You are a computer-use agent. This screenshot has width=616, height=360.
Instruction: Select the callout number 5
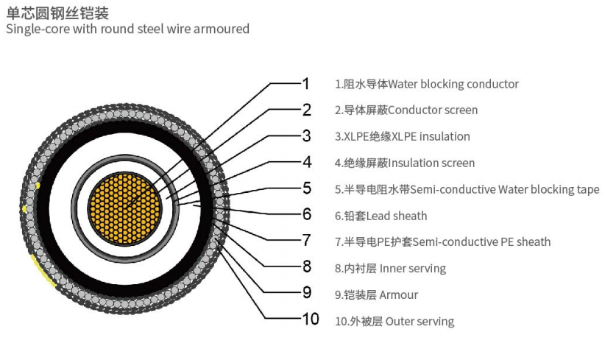pyautogui.click(x=307, y=188)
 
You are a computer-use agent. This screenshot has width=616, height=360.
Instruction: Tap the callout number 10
pyautogui.click(x=311, y=320)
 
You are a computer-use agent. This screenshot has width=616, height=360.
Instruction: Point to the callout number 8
pyautogui.click(x=307, y=267)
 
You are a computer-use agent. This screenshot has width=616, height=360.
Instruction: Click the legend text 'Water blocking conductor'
pyautogui.click(x=453, y=84)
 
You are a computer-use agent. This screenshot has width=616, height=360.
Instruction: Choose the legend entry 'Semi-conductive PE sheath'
pyautogui.click(x=479, y=242)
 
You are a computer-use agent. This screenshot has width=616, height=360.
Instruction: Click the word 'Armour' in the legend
pyautogui.click(x=399, y=295)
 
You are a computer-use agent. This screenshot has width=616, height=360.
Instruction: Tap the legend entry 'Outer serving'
pyautogui.click(x=419, y=322)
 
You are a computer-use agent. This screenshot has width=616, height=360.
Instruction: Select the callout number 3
pyautogui.click(x=307, y=135)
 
